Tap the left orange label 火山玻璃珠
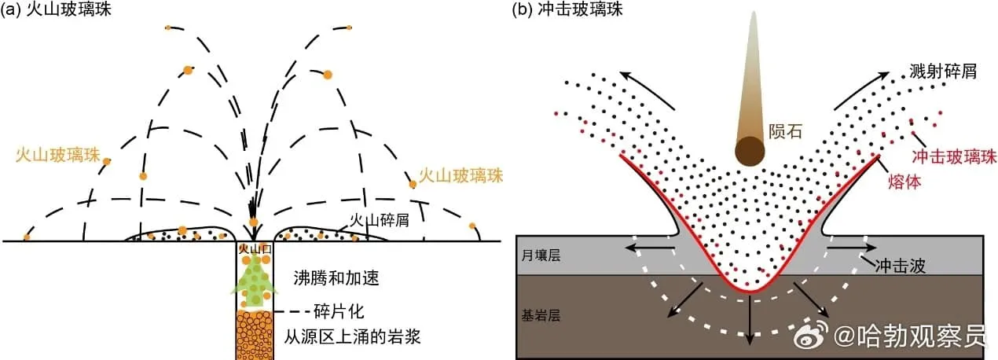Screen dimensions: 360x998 click(57, 155)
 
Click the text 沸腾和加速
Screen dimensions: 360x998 click(325, 279)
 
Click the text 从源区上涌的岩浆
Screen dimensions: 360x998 click(353, 339)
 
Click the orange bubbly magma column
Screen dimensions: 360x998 click(253, 335)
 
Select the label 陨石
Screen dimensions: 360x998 click(786, 131)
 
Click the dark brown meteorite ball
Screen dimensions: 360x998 click(750, 149)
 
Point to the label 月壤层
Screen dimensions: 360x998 click(543, 257)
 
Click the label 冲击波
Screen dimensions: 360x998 click(900, 265)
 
